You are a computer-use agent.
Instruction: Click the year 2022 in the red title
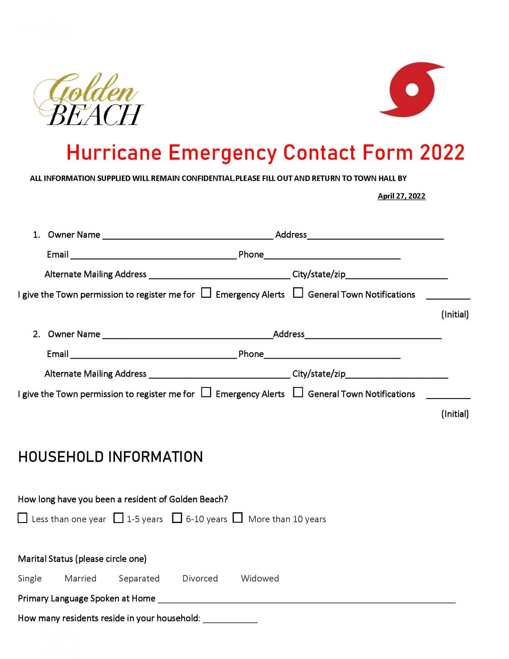point(442,153)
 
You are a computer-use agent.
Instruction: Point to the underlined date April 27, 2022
point(401,196)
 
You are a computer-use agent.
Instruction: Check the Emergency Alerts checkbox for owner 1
point(206,293)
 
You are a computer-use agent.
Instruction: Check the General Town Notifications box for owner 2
point(298,393)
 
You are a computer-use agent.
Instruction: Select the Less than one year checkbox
point(23,518)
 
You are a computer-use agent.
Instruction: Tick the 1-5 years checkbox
point(118,518)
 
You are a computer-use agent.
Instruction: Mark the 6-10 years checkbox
point(177,518)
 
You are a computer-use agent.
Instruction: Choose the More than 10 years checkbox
point(238,518)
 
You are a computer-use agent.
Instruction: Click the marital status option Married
point(80,578)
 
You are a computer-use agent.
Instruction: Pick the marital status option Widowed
point(260,578)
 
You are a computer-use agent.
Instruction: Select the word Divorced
point(200,578)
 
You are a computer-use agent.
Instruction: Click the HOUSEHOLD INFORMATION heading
point(110,457)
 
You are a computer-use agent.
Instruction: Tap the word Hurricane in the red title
point(114,153)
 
